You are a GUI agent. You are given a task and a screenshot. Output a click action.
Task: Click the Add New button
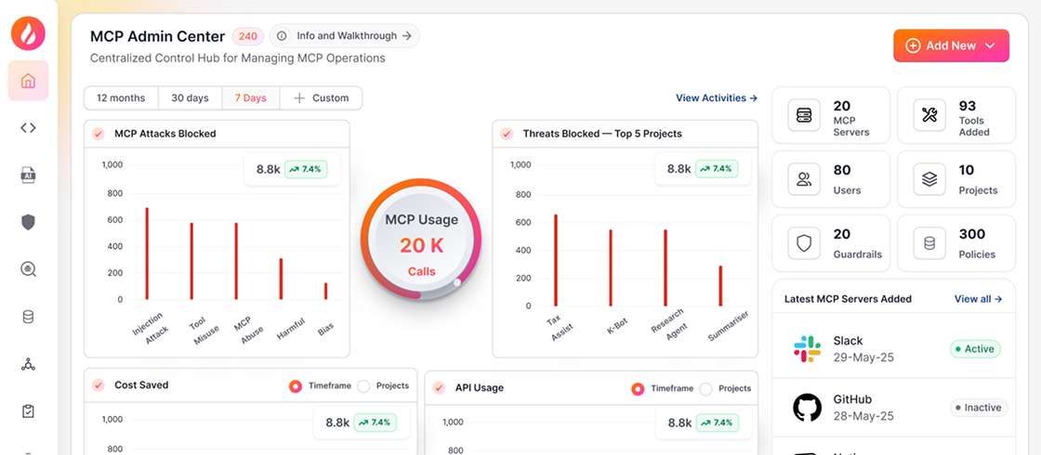[951, 45]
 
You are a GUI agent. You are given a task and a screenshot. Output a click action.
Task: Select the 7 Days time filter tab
[250, 97]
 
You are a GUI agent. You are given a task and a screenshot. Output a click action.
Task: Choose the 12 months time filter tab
[121, 97]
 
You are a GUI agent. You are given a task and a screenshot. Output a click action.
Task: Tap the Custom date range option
[321, 97]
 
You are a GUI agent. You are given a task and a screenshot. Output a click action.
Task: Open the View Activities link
[716, 97]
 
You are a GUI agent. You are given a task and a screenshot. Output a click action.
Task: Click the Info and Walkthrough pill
[345, 36]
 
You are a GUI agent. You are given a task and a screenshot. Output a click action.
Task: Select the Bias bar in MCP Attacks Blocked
[325, 291]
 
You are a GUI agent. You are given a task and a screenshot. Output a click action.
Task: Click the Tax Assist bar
[556, 259]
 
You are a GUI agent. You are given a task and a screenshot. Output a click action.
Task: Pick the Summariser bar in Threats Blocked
[720, 285]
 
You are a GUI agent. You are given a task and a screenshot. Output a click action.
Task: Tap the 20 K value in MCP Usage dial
[421, 246]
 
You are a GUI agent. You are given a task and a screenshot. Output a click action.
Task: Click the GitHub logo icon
[807, 408]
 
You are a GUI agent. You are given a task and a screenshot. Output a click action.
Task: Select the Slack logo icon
[807, 349]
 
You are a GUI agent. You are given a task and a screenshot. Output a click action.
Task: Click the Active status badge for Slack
[974, 349]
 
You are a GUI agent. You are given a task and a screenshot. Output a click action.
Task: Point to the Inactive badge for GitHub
[978, 408]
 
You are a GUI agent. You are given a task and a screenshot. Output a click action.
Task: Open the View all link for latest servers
[978, 299]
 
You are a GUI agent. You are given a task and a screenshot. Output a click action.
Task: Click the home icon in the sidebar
[28, 81]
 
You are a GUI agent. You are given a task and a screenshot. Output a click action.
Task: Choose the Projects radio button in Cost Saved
[363, 386]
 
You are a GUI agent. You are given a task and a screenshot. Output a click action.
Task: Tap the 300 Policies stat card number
[972, 234]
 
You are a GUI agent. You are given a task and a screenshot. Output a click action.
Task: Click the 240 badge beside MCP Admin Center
[248, 37]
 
